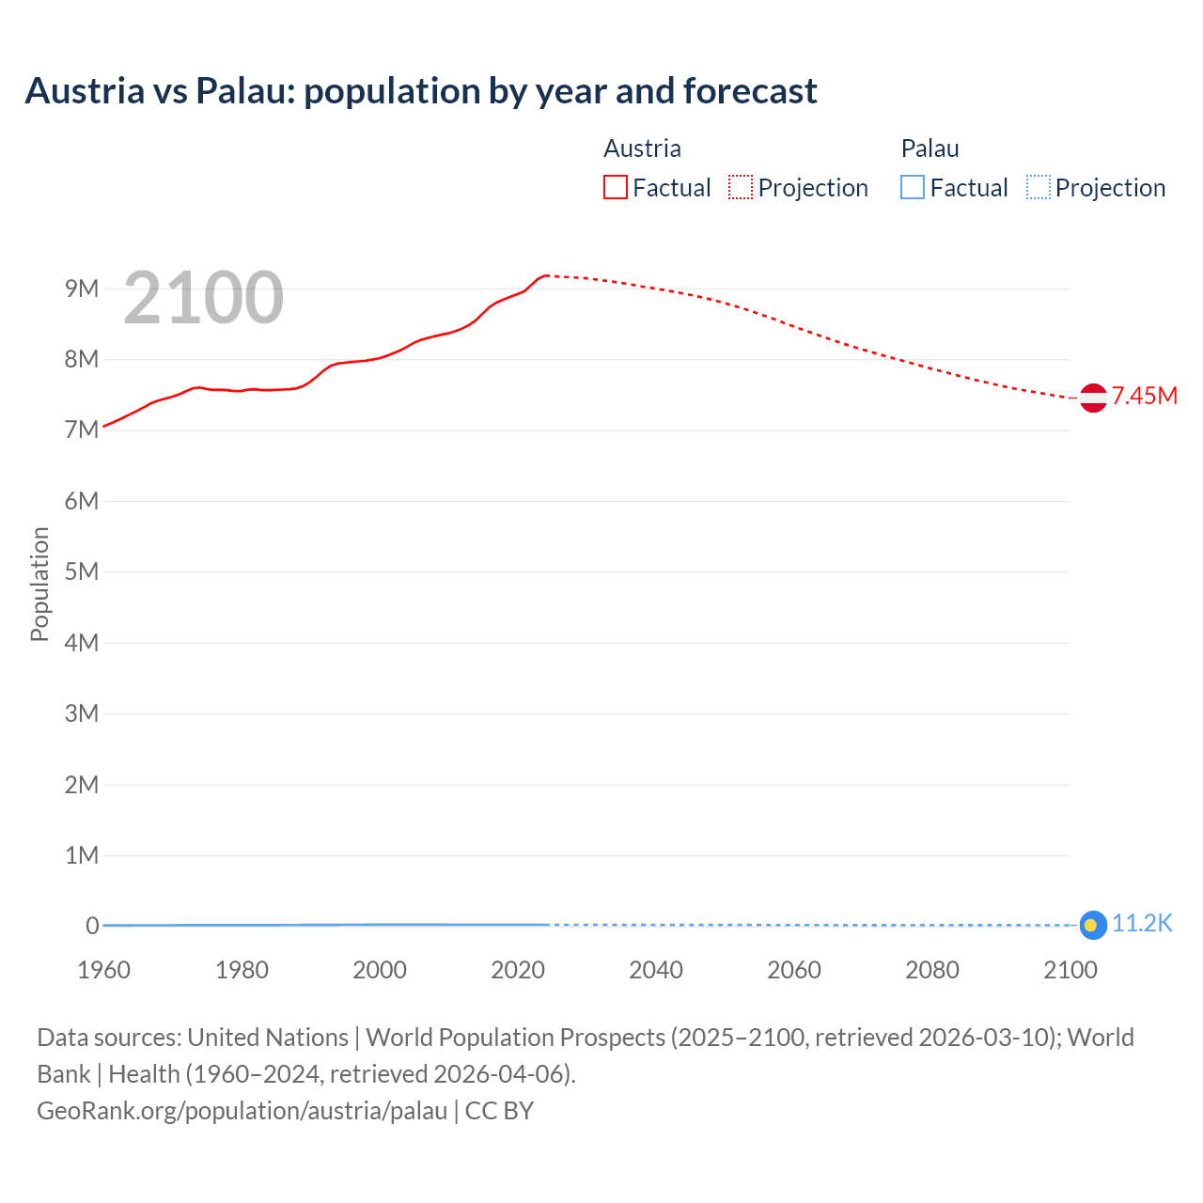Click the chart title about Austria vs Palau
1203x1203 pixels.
421,91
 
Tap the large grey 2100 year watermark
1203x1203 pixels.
203,298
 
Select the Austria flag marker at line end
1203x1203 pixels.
1093,398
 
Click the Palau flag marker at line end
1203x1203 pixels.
1092,926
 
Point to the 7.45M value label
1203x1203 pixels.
1145,396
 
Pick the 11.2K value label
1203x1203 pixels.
1142,924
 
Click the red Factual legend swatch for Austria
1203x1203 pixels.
615,188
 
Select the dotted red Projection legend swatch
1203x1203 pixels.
741,188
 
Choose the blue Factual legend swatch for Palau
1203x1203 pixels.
913,188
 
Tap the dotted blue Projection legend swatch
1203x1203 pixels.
1038,188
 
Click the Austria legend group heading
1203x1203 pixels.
642,148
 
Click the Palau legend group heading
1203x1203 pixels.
930,148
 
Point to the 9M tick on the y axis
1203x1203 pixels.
82,289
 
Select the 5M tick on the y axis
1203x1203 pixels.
82,571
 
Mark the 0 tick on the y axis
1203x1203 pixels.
92,926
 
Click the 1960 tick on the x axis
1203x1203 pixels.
103,970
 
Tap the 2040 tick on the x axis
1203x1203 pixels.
656,970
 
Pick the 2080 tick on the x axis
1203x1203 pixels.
932,970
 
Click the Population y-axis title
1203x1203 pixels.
39,584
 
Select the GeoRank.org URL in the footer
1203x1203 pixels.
242,1111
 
